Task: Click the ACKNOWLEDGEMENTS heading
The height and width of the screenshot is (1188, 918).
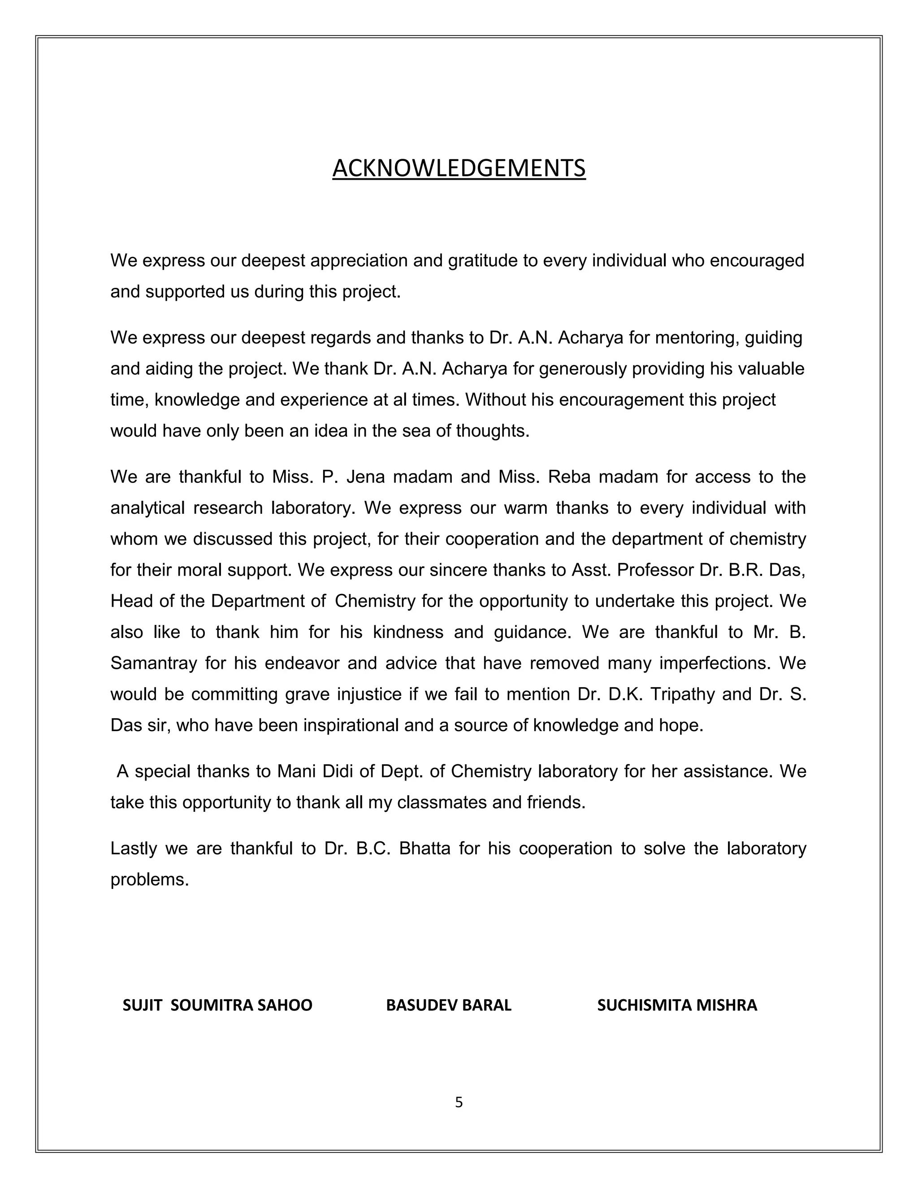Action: click(x=459, y=168)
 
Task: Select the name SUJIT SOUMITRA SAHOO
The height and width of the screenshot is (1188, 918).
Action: click(x=217, y=1005)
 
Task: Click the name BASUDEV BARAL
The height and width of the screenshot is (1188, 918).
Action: click(x=449, y=1005)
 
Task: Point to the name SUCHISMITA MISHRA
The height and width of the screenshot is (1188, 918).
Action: click(x=677, y=1005)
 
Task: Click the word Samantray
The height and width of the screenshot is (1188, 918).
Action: click(x=153, y=663)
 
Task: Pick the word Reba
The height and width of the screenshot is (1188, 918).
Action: click(x=567, y=477)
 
